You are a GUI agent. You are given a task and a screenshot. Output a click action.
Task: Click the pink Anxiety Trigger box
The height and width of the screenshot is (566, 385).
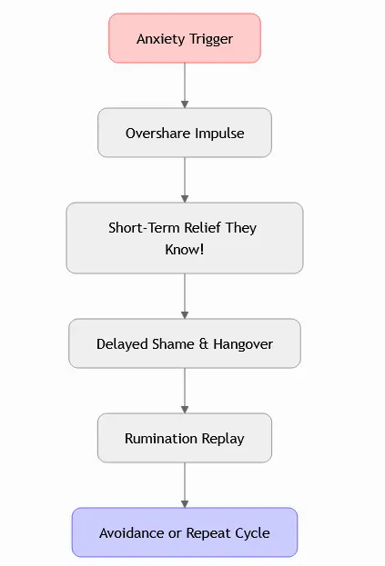coord(185,38)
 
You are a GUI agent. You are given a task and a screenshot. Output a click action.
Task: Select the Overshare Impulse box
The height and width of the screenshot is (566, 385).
coord(185,133)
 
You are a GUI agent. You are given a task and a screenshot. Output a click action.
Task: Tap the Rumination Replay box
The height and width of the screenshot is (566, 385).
coord(185,438)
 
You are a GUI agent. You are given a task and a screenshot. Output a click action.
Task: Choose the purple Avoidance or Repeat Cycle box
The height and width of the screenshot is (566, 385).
coord(185,532)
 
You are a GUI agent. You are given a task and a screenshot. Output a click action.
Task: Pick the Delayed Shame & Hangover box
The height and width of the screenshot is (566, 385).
coord(185,343)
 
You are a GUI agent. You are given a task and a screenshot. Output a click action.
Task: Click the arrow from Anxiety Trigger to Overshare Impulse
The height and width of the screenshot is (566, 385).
coord(185,85)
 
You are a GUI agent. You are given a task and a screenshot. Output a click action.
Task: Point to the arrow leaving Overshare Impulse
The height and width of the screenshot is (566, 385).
coord(185,180)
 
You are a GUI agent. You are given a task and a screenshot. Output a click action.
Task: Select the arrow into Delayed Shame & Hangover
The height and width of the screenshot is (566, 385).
coord(185,296)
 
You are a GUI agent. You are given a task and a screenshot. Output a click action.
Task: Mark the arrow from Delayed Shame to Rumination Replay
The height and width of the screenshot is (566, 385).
coord(185,391)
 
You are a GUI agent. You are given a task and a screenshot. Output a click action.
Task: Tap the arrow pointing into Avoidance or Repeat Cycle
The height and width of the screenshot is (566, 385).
coord(185,485)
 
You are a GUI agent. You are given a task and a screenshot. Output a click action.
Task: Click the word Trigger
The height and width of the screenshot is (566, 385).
coord(211,39)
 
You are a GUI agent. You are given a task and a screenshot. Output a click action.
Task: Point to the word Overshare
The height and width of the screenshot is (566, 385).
coord(158,134)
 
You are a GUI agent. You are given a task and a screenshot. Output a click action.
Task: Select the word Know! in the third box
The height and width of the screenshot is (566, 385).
coord(185,250)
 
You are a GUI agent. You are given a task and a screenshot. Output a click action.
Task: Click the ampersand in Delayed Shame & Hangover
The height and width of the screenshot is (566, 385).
coord(204,344)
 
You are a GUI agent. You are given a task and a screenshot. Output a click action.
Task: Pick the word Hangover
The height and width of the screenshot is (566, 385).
coord(243,344)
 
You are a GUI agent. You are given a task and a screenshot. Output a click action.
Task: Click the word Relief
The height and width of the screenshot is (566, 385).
coord(202,228)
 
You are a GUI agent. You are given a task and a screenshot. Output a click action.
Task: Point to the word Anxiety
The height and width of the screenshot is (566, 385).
coord(161,39)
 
